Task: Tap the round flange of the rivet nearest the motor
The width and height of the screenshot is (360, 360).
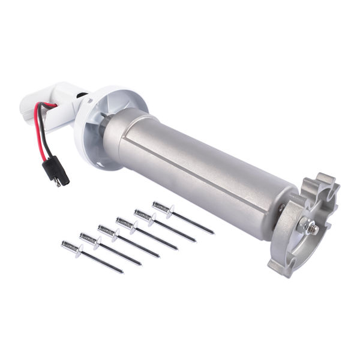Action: [171, 211]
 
